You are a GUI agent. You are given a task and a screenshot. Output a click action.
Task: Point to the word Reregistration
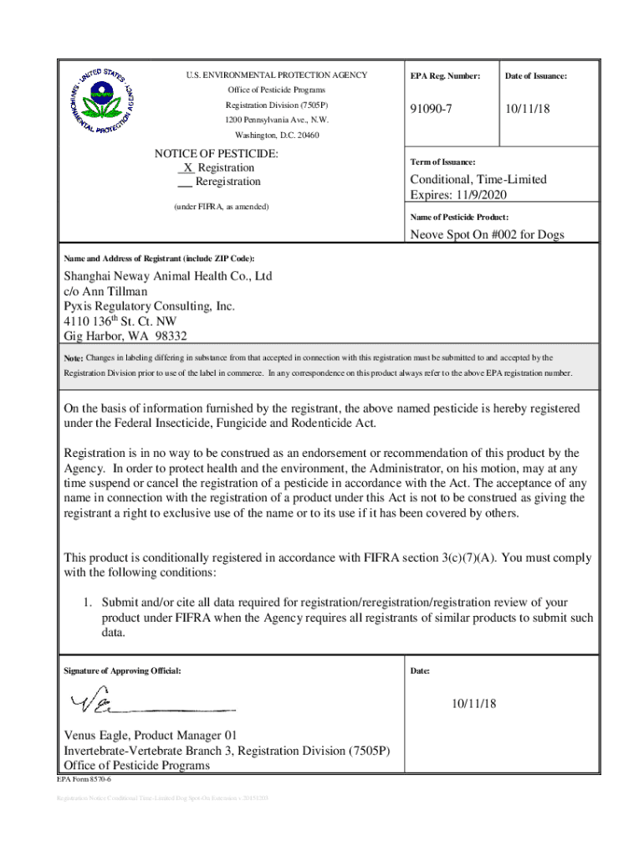(227, 182)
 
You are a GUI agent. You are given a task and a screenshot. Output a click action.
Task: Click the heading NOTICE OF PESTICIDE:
(217, 154)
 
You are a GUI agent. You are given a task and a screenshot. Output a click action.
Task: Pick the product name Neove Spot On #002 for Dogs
(487, 234)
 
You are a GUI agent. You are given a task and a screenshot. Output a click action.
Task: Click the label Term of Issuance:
(443, 162)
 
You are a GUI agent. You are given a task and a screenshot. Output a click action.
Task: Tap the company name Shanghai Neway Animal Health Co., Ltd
(168, 276)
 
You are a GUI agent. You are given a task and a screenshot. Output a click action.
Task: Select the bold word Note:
(74, 358)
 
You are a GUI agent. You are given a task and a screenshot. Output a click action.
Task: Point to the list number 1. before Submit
(86, 603)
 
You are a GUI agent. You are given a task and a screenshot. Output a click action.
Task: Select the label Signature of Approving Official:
(122, 671)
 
